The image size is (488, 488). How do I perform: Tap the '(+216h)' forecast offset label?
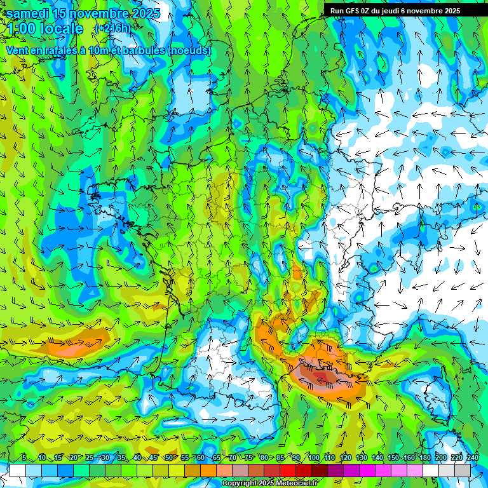(112, 29)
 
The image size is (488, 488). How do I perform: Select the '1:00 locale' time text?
(46, 29)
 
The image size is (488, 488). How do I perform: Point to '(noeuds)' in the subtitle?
(189, 50)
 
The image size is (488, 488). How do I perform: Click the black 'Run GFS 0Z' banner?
(400, 10)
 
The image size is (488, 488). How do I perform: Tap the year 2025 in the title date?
(146, 13)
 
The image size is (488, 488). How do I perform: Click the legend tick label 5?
(24, 458)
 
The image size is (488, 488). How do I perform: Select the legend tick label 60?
(201, 458)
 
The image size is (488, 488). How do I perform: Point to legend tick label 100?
(313, 458)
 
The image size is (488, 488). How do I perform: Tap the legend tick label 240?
(473, 458)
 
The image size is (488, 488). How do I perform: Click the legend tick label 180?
(424, 458)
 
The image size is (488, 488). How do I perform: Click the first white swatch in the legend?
(18, 470)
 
